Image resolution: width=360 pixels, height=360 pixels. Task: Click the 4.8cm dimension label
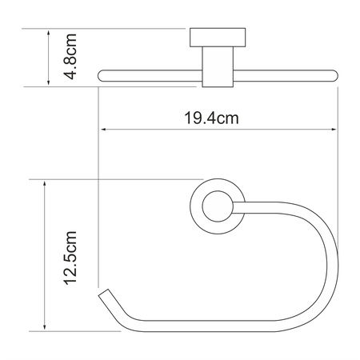point(71,57)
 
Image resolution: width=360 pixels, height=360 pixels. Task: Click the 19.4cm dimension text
point(214,119)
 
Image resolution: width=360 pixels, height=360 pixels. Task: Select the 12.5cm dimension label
point(71,256)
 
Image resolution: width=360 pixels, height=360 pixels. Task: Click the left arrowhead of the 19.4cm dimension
point(102,130)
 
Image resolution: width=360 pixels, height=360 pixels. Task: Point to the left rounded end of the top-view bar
point(102,77)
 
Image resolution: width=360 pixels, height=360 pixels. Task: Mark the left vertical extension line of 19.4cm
point(98,160)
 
